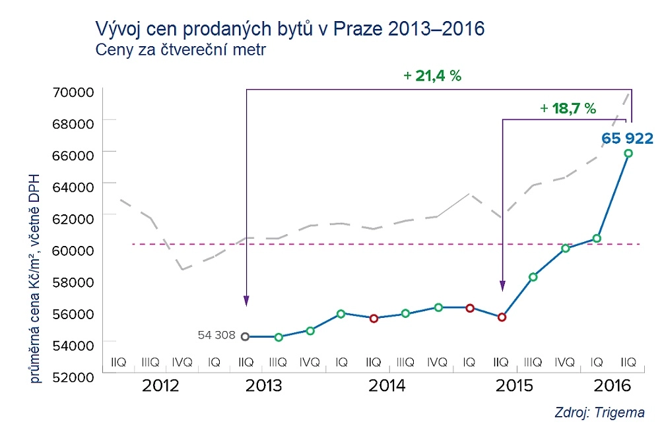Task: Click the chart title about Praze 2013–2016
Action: pyautogui.click(x=290, y=28)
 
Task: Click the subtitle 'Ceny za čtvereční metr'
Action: pyautogui.click(x=180, y=50)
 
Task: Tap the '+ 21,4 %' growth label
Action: pyautogui.click(x=432, y=76)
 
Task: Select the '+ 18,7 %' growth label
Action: pyautogui.click(x=568, y=108)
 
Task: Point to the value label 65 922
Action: pyautogui.click(x=626, y=138)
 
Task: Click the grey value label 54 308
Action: pyautogui.click(x=216, y=335)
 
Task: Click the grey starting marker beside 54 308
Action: pyautogui.click(x=246, y=336)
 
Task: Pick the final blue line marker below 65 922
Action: pyautogui.click(x=628, y=153)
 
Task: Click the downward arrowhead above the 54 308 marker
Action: pyautogui.click(x=246, y=301)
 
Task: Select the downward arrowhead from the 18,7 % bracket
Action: pyautogui.click(x=502, y=286)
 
